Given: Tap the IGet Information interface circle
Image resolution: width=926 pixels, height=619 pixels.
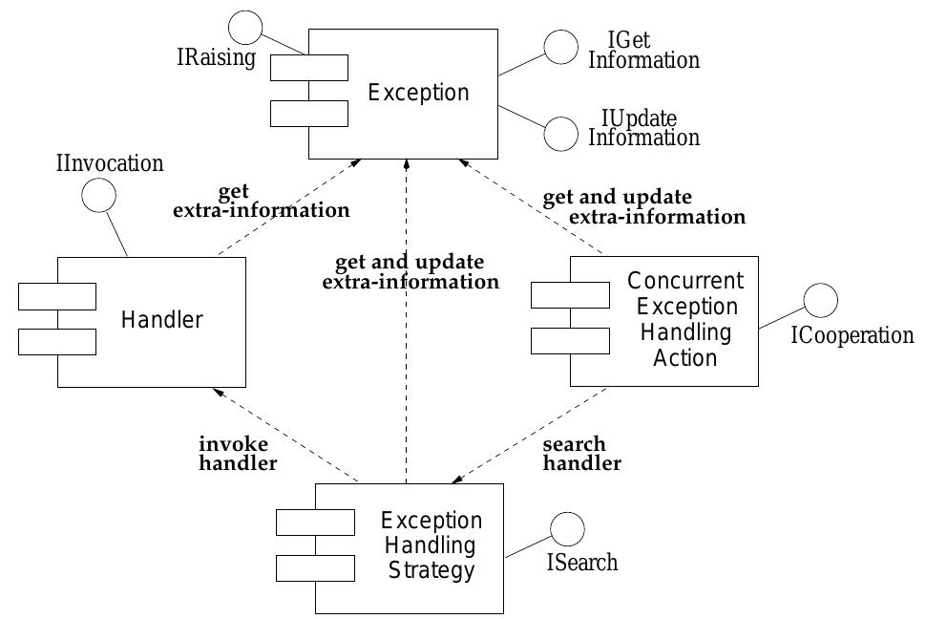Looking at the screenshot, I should (x=561, y=47).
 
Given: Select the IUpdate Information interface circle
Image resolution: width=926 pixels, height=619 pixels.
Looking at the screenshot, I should (x=561, y=135).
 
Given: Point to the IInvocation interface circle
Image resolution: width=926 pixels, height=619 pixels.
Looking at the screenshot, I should (x=98, y=196).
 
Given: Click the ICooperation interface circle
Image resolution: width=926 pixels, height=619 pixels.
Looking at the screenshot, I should (x=820, y=300).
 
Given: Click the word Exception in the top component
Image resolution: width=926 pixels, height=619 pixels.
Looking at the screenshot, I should (x=418, y=93).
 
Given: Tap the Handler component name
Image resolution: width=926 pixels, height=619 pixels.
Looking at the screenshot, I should (x=162, y=320).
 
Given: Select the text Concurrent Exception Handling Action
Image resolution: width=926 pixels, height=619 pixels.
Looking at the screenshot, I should (x=684, y=319).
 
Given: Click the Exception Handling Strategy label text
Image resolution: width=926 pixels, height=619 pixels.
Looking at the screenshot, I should (x=431, y=546).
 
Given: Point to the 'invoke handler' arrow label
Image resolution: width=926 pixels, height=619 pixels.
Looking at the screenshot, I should (x=238, y=454).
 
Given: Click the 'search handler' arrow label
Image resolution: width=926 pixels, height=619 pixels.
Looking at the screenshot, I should (x=581, y=454).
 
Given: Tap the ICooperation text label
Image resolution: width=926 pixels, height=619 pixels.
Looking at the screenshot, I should (x=852, y=336).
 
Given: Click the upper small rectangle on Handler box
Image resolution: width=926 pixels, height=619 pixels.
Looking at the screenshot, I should (x=57, y=296).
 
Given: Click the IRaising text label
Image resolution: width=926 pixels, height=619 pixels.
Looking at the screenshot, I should (x=216, y=58).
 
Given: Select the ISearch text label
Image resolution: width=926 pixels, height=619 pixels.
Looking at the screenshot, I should (x=581, y=563).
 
